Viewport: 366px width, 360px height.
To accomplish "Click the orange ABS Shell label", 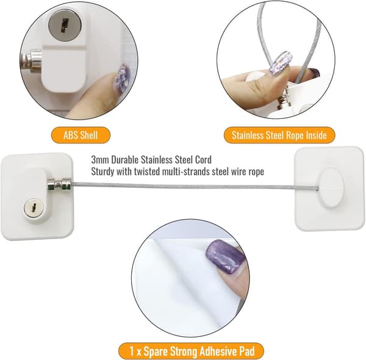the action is [x=81, y=135].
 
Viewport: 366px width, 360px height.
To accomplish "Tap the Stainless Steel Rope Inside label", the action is [x=279, y=135].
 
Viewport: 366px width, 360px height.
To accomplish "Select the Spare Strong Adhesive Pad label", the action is [x=191, y=351].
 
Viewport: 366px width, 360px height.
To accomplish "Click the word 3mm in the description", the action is [x=100, y=160].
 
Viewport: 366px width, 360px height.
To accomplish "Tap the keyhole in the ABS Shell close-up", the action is [x=63, y=26].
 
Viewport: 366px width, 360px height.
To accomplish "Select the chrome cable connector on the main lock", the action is [x=59, y=184].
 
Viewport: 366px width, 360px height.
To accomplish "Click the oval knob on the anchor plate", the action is [x=331, y=187].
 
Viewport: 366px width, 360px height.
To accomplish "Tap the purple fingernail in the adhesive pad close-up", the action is [x=225, y=257].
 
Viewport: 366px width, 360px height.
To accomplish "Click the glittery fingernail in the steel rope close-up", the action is [x=281, y=63].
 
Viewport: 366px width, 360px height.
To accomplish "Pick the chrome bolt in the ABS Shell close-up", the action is [x=31, y=61].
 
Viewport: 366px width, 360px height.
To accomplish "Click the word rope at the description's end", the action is [x=256, y=172].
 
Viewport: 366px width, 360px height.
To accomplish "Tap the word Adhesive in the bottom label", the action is [x=217, y=351].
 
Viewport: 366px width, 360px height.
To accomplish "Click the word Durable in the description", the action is [x=125, y=160].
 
